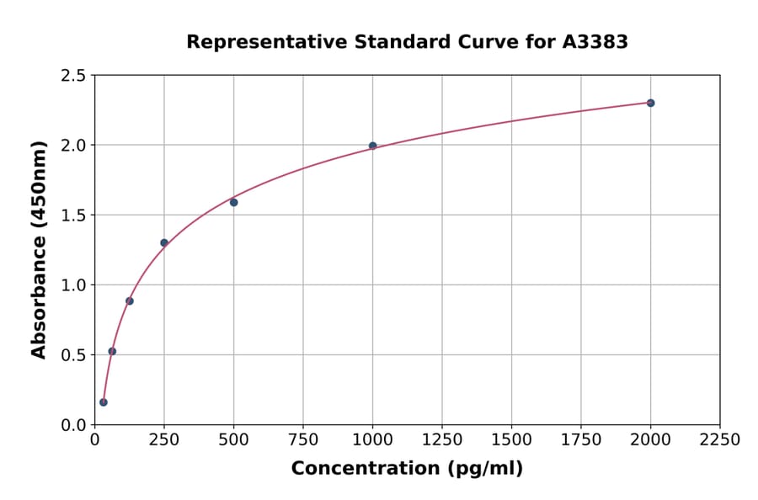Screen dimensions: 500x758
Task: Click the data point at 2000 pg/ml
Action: (x=650, y=103)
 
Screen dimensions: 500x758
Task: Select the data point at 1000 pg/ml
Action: (x=372, y=146)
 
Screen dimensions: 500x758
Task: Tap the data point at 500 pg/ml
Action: (x=233, y=202)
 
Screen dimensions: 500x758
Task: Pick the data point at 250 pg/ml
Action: (x=164, y=242)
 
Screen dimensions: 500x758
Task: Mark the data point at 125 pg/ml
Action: (x=129, y=301)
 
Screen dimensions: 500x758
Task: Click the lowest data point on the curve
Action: (x=104, y=402)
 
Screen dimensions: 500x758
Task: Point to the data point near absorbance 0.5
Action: (x=112, y=351)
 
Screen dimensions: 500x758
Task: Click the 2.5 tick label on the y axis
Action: (x=72, y=76)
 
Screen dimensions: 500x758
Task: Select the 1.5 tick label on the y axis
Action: (x=72, y=215)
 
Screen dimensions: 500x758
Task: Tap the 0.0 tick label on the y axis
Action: (x=72, y=425)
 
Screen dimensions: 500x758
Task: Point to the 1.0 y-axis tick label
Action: (x=72, y=285)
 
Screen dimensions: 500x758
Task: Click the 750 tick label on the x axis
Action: (x=303, y=440)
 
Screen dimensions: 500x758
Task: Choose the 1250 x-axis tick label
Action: (x=442, y=440)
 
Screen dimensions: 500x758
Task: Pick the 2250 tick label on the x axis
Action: (x=719, y=440)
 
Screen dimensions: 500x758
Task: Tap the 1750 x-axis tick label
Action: (x=580, y=440)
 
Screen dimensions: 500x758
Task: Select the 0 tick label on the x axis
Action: (x=94, y=440)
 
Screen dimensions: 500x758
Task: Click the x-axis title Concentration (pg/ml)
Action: (x=407, y=469)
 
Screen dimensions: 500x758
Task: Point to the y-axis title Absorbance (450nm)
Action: (x=39, y=249)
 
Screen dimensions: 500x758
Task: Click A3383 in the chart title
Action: (x=595, y=42)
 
